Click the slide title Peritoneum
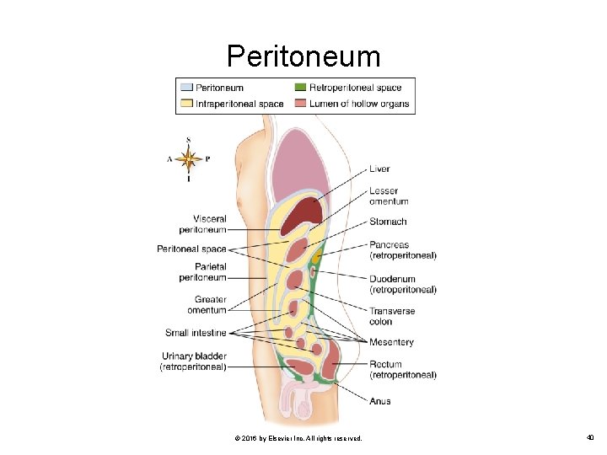click(303, 56)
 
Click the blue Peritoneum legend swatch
click(185, 88)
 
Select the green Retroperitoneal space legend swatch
click(300, 88)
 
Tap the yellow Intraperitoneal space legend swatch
click(185, 104)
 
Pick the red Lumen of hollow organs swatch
click(300, 104)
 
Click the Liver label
click(379, 169)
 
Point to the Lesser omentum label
click(389, 196)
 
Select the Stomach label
click(388, 222)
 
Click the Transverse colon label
click(392, 316)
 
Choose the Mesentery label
click(391, 342)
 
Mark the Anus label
click(380, 401)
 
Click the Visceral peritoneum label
click(202, 224)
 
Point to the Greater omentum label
click(207, 305)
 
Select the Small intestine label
click(196, 333)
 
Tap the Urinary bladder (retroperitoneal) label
click(193, 361)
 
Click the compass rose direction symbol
click(188, 158)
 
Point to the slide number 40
click(589, 438)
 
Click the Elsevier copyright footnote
click(298, 438)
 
